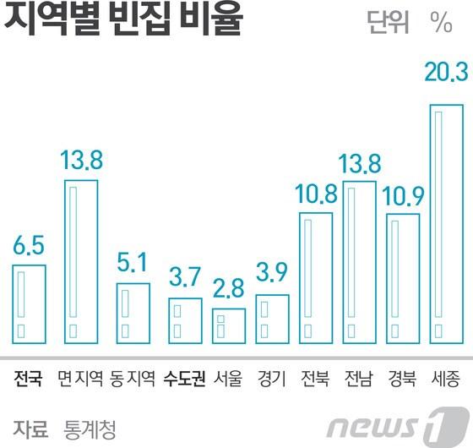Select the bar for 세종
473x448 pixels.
pos(447,224)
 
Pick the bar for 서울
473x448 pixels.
pos(228,325)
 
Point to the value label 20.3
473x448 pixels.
pos(446,74)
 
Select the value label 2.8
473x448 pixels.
pos(228,288)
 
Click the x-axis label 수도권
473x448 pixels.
pos(185,378)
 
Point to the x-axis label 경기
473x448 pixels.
pos(272,378)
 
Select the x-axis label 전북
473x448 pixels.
pos(316,378)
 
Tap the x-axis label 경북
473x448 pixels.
pos(402,378)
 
